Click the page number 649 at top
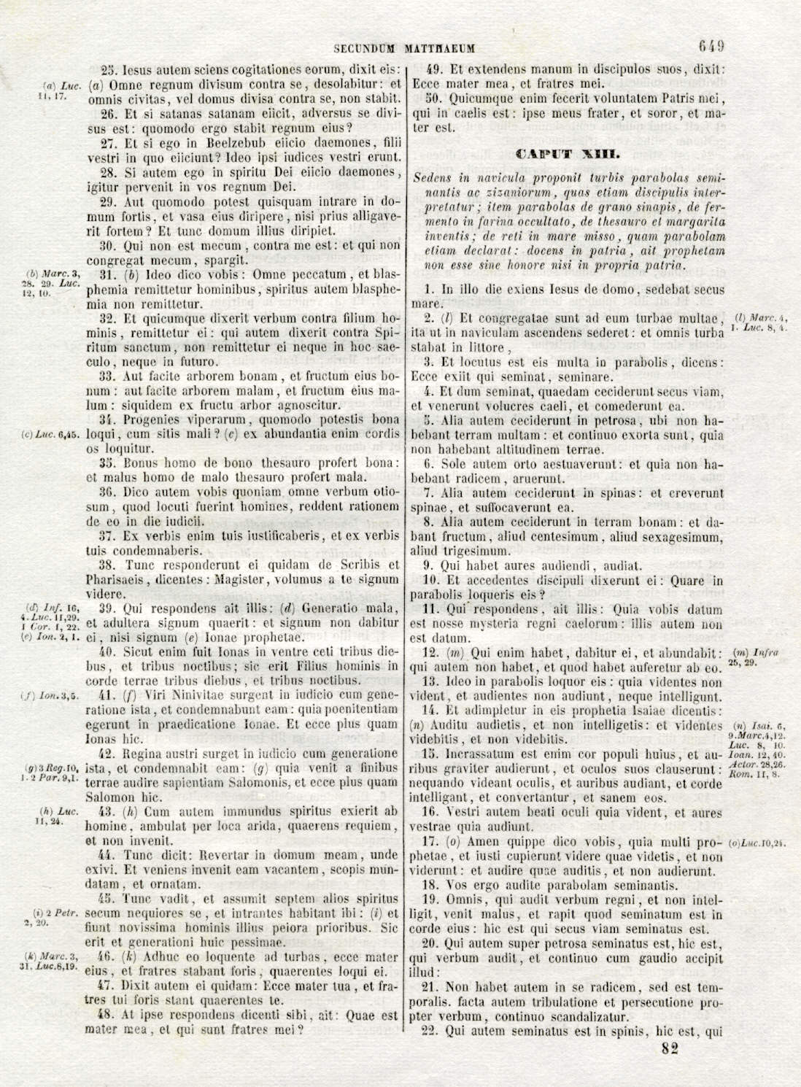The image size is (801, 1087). click(711, 47)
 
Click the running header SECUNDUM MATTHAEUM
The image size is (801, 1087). click(404, 49)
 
